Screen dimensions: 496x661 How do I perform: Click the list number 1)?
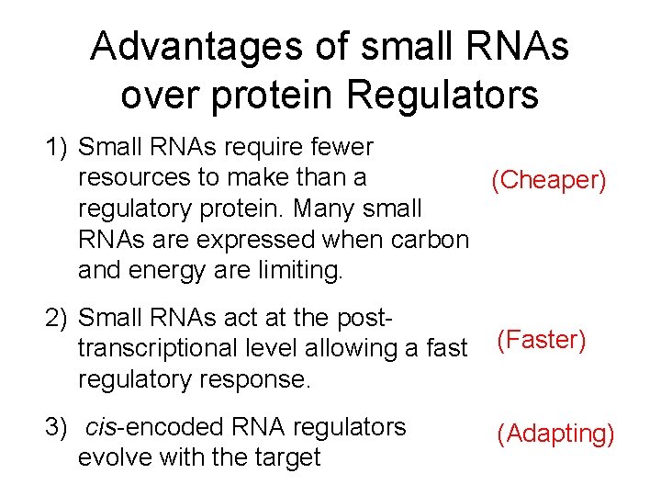[60, 147]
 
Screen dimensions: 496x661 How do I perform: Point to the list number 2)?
[60, 318]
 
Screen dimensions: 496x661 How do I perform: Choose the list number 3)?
[60, 427]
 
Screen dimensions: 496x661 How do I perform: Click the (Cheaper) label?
[549, 180]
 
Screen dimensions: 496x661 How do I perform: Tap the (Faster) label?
[542, 341]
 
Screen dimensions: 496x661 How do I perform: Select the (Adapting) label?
[555, 433]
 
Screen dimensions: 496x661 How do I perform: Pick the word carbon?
[431, 240]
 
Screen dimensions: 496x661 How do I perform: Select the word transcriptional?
[162, 349]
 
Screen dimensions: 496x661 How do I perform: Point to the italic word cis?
[99, 427]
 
